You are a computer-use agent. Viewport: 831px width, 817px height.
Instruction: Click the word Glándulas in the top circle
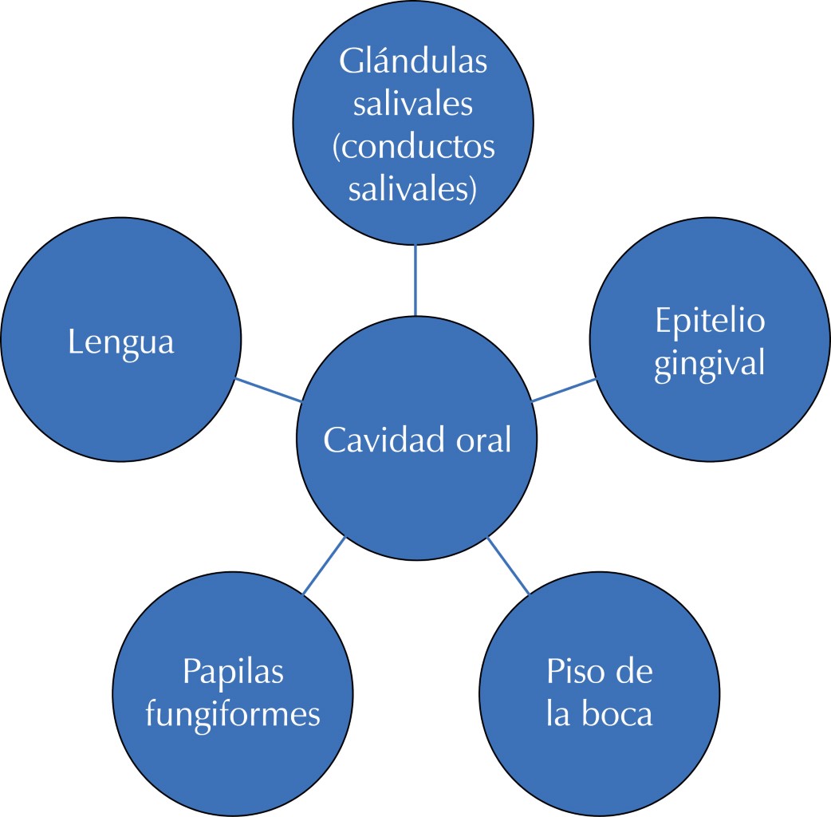pos(413,62)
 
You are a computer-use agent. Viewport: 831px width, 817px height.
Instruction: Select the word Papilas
pos(233,672)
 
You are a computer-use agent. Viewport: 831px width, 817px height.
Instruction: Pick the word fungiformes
pos(233,713)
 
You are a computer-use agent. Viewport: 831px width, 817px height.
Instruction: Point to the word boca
pos(616,713)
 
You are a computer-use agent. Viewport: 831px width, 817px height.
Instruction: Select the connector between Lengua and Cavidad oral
pos(269,389)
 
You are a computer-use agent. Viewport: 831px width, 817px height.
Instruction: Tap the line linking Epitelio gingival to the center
pos(563,389)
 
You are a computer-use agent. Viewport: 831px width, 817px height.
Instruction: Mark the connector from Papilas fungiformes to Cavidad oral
pos(325,565)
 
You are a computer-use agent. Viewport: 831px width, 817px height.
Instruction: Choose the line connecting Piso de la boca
pos(508,565)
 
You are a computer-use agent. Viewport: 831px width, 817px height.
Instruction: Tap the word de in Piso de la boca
pos(635,672)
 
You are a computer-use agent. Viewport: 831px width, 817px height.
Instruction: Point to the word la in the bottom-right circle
pos(558,713)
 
